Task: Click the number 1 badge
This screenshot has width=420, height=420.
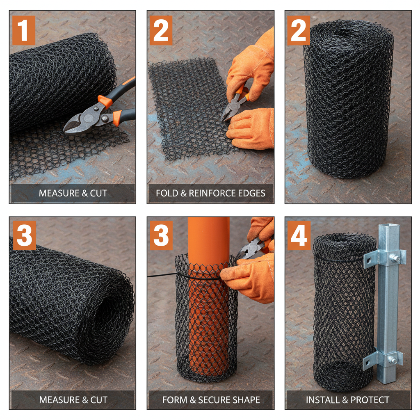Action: (x=24, y=30)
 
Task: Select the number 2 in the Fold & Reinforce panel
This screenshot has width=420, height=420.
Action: (x=161, y=30)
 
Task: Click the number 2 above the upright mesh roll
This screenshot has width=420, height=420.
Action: (x=299, y=30)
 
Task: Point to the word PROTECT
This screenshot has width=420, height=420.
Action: (x=370, y=399)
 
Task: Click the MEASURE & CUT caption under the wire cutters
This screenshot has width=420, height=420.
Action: (x=73, y=193)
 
